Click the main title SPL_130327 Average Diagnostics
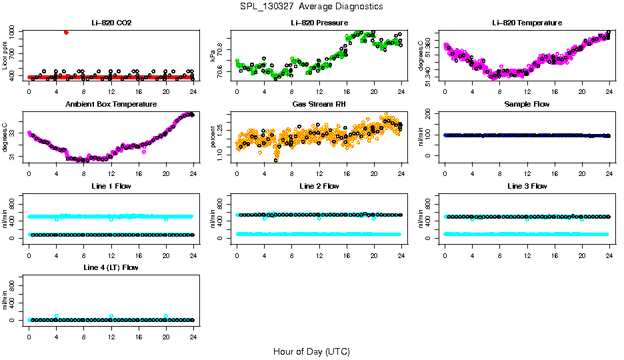click(312, 6)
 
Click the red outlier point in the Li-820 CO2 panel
click(65, 32)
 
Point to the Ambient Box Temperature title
click(111, 104)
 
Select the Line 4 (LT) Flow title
click(111, 267)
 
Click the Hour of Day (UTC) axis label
click(311, 351)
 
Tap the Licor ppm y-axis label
click(5, 55)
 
